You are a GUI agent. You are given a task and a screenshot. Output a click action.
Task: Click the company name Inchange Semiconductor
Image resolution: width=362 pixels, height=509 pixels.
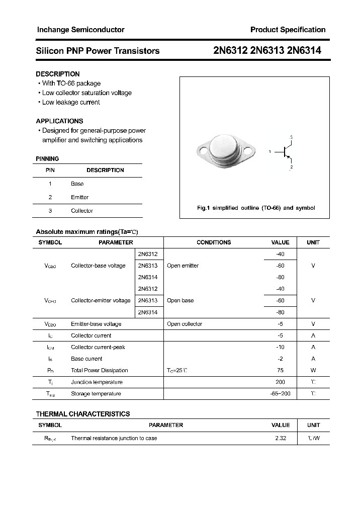[x=80, y=30]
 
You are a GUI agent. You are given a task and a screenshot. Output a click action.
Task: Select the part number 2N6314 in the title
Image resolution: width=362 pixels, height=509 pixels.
[x=304, y=50]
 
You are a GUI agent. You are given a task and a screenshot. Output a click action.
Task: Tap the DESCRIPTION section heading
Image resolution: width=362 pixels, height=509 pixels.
[x=58, y=74]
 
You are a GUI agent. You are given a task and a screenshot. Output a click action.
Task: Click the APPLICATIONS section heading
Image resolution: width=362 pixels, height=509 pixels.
[x=59, y=121]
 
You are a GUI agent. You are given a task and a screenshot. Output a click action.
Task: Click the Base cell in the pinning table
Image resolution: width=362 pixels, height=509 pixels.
[x=77, y=184]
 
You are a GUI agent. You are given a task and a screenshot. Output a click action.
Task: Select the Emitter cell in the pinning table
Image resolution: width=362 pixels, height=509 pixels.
[x=79, y=198]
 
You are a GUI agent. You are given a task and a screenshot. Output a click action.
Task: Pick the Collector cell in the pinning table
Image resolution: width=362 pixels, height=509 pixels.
[x=82, y=211]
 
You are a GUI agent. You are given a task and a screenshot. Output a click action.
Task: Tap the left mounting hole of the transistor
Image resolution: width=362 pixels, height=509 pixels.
[x=203, y=149]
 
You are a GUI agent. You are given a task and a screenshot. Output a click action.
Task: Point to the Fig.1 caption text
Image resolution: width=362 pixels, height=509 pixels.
[x=255, y=208]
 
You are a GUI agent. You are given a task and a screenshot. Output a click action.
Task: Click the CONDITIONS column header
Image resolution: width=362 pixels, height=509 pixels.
[x=214, y=242]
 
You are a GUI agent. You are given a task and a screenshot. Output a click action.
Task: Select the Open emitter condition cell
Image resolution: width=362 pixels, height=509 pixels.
[x=183, y=266]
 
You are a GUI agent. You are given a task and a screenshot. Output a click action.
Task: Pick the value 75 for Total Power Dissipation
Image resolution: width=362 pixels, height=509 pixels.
[x=281, y=371]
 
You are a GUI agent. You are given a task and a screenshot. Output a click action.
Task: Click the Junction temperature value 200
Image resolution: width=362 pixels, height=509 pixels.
[x=281, y=382]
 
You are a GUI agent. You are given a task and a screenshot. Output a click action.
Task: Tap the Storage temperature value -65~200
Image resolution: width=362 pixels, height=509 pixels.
[x=281, y=394]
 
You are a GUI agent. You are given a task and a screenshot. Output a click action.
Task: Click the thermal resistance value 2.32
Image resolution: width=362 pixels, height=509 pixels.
[x=281, y=439]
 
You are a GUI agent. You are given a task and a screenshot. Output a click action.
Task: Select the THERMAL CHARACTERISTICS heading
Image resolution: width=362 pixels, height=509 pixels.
[x=83, y=414]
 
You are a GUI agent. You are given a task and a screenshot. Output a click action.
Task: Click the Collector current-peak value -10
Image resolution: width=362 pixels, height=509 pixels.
[x=281, y=348]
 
